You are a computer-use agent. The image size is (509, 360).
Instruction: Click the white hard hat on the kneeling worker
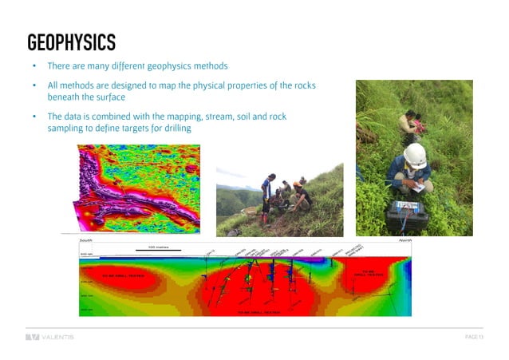coord(414,153)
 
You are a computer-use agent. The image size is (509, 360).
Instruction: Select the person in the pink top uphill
coord(410,124)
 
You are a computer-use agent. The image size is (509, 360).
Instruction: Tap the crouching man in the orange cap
coord(302,196)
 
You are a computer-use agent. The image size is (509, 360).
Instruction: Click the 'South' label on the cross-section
coord(88,239)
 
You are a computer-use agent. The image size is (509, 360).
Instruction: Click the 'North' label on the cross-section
coord(405,239)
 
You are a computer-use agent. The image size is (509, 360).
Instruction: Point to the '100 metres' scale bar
coord(158,248)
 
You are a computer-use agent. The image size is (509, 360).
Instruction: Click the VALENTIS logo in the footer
coord(49,337)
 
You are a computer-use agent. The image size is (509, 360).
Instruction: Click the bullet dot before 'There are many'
coord(34,66)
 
